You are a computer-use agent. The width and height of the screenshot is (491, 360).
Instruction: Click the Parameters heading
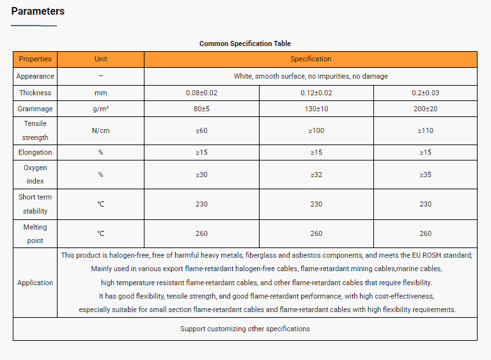point(38,12)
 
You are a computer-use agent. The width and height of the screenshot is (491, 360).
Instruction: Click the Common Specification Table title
point(245,43)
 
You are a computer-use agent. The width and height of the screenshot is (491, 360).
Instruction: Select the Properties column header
point(35,59)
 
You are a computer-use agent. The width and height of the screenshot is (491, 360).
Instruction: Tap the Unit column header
point(100,59)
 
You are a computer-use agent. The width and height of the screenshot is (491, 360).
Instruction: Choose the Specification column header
point(311,59)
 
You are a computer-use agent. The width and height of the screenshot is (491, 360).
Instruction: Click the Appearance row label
point(35,76)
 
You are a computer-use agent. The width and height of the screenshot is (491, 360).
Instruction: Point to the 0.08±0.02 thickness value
point(201,93)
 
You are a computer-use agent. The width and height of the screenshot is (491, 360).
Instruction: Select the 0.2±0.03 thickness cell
point(425,93)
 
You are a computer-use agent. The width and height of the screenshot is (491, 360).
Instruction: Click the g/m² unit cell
point(100,109)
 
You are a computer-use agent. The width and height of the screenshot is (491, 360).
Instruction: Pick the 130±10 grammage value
point(316,109)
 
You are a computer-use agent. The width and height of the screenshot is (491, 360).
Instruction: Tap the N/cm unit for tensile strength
point(100,130)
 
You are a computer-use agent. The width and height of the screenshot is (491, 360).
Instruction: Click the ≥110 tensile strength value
point(425,130)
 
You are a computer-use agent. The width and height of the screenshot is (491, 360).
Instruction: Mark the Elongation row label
point(35,152)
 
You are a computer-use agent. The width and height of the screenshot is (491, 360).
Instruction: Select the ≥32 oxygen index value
point(316,175)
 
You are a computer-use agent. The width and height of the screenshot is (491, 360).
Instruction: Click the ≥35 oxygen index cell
point(425,175)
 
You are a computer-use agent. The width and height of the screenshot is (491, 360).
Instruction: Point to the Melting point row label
point(35,233)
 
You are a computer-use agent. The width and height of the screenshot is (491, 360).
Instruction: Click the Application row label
point(35,283)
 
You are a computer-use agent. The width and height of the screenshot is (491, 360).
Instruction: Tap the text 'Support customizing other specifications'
point(245,329)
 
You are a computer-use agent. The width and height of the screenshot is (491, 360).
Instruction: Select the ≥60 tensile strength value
point(201,130)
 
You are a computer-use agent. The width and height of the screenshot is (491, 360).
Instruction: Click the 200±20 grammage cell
point(425,109)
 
